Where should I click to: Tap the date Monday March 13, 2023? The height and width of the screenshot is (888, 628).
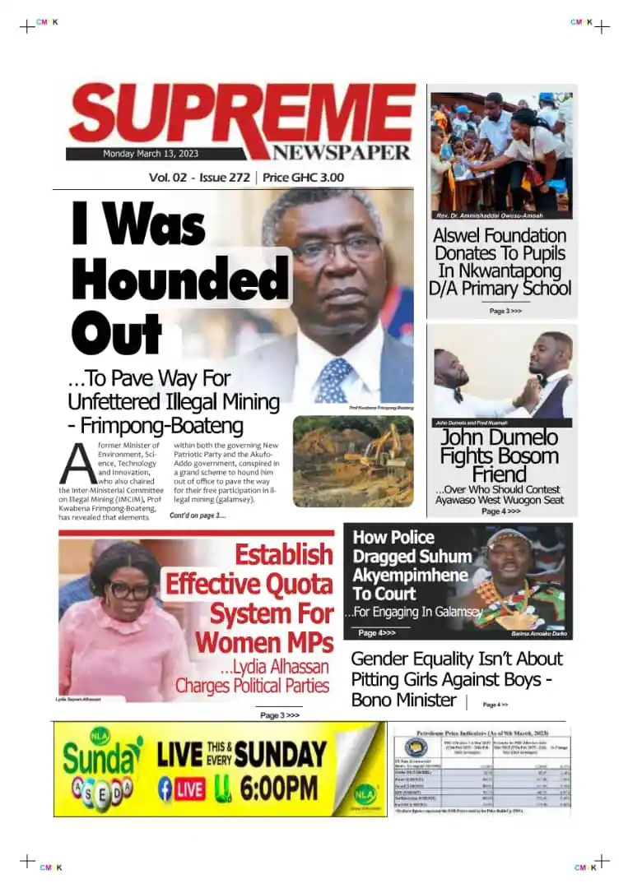(x=151, y=154)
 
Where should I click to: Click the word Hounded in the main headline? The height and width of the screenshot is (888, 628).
(x=181, y=280)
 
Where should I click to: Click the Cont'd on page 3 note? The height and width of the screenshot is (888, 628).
(x=198, y=516)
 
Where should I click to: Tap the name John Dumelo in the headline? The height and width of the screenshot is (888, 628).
(x=499, y=437)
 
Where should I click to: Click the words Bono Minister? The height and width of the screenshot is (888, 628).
(x=403, y=701)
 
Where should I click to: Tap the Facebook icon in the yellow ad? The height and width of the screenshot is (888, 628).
(x=165, y=789)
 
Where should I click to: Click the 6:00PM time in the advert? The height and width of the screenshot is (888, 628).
(x=279, y=788)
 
